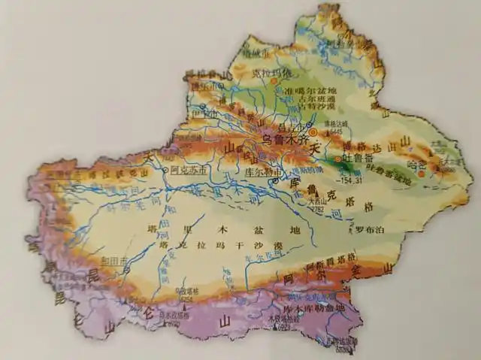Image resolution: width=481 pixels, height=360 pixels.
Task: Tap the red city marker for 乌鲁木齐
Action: click(313, 132)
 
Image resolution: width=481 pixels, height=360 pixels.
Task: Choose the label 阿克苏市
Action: click(183, 171)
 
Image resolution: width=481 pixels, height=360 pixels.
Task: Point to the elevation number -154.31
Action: click(349, 180)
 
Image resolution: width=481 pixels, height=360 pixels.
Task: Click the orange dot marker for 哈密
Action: click(421, 174)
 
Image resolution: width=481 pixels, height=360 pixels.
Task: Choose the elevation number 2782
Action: click(317, 209)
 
